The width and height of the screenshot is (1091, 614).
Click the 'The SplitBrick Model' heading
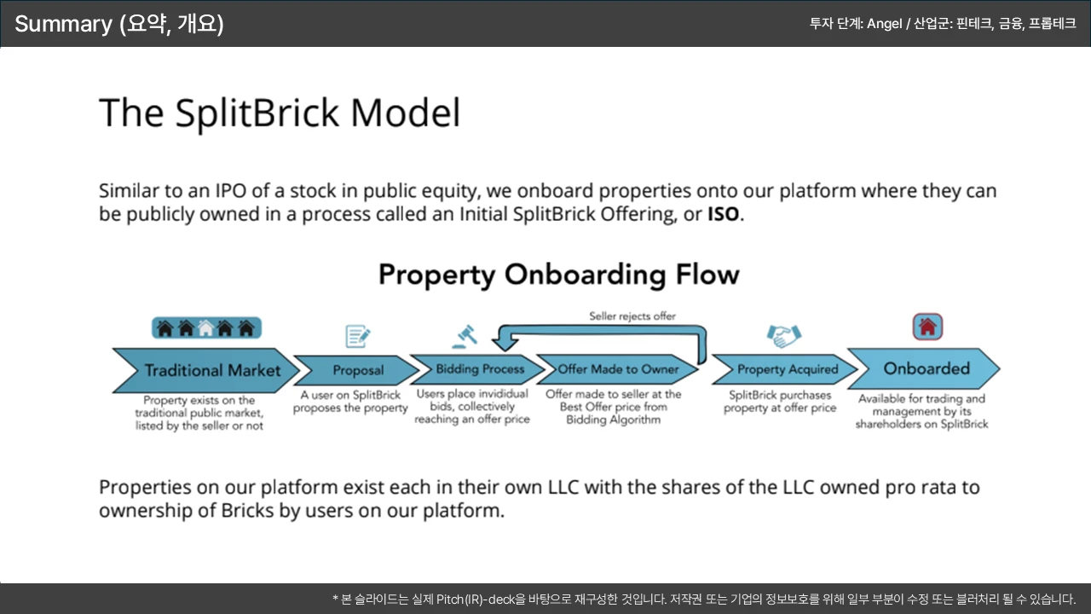[x=280, y=113]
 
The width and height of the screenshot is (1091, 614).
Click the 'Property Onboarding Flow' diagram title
[x=558, y=275]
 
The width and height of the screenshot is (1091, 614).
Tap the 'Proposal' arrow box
[x=358, y=370]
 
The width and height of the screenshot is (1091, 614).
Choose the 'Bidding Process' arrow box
[x=479, y=369]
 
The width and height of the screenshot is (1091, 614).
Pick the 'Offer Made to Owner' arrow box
[x=618, y=369]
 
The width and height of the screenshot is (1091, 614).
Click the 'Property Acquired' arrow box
[x=787, y=369]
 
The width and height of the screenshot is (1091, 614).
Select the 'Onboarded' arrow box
[x=926, y=368]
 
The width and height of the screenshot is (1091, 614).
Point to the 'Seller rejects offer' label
[x=632, y=316]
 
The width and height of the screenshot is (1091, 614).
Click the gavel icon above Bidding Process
[x=465, y=336]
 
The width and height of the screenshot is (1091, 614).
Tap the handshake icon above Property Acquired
[x=784, y=336]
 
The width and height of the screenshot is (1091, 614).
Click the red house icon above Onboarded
[x=927, y=327]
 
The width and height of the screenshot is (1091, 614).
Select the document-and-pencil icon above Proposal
[x=358, y=336]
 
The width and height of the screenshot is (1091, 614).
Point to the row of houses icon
[x=206, y=327]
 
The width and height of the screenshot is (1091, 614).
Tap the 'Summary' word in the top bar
[x=63, y=24]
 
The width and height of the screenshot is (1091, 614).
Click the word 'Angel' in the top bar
[x=884, y=24]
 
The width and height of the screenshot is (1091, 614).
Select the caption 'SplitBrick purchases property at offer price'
[x=780, y=402]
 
